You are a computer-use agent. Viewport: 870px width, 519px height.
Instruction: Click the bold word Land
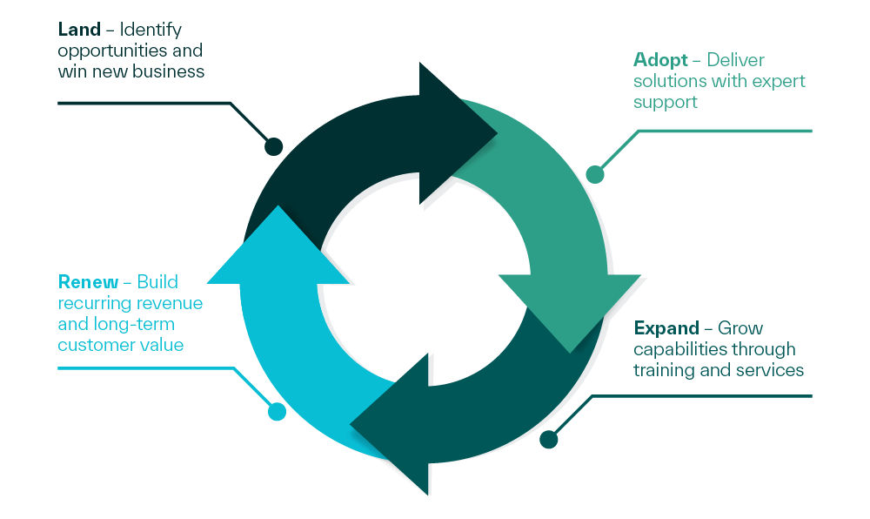tap(79, 30)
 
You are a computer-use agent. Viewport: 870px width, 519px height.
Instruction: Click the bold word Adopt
tap(660, 60)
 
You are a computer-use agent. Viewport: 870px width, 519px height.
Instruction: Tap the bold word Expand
tap(666, 328)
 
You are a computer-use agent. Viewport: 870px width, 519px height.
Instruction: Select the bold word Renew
tap(88, 282)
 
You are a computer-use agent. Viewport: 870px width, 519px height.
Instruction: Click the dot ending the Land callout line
tap(273, 146)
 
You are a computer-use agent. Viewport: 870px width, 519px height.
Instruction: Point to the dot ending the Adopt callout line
tap(595, 174)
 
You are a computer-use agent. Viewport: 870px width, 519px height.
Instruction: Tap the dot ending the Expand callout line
tap(549, 440)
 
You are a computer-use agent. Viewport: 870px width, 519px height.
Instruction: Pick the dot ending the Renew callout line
tap(277, 411)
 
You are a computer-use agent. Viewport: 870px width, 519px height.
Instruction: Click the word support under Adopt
tap(666, 103)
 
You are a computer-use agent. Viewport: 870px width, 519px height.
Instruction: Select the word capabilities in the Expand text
tap(679, 349)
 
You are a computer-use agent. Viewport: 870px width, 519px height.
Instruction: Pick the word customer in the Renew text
tap(91, 345)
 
